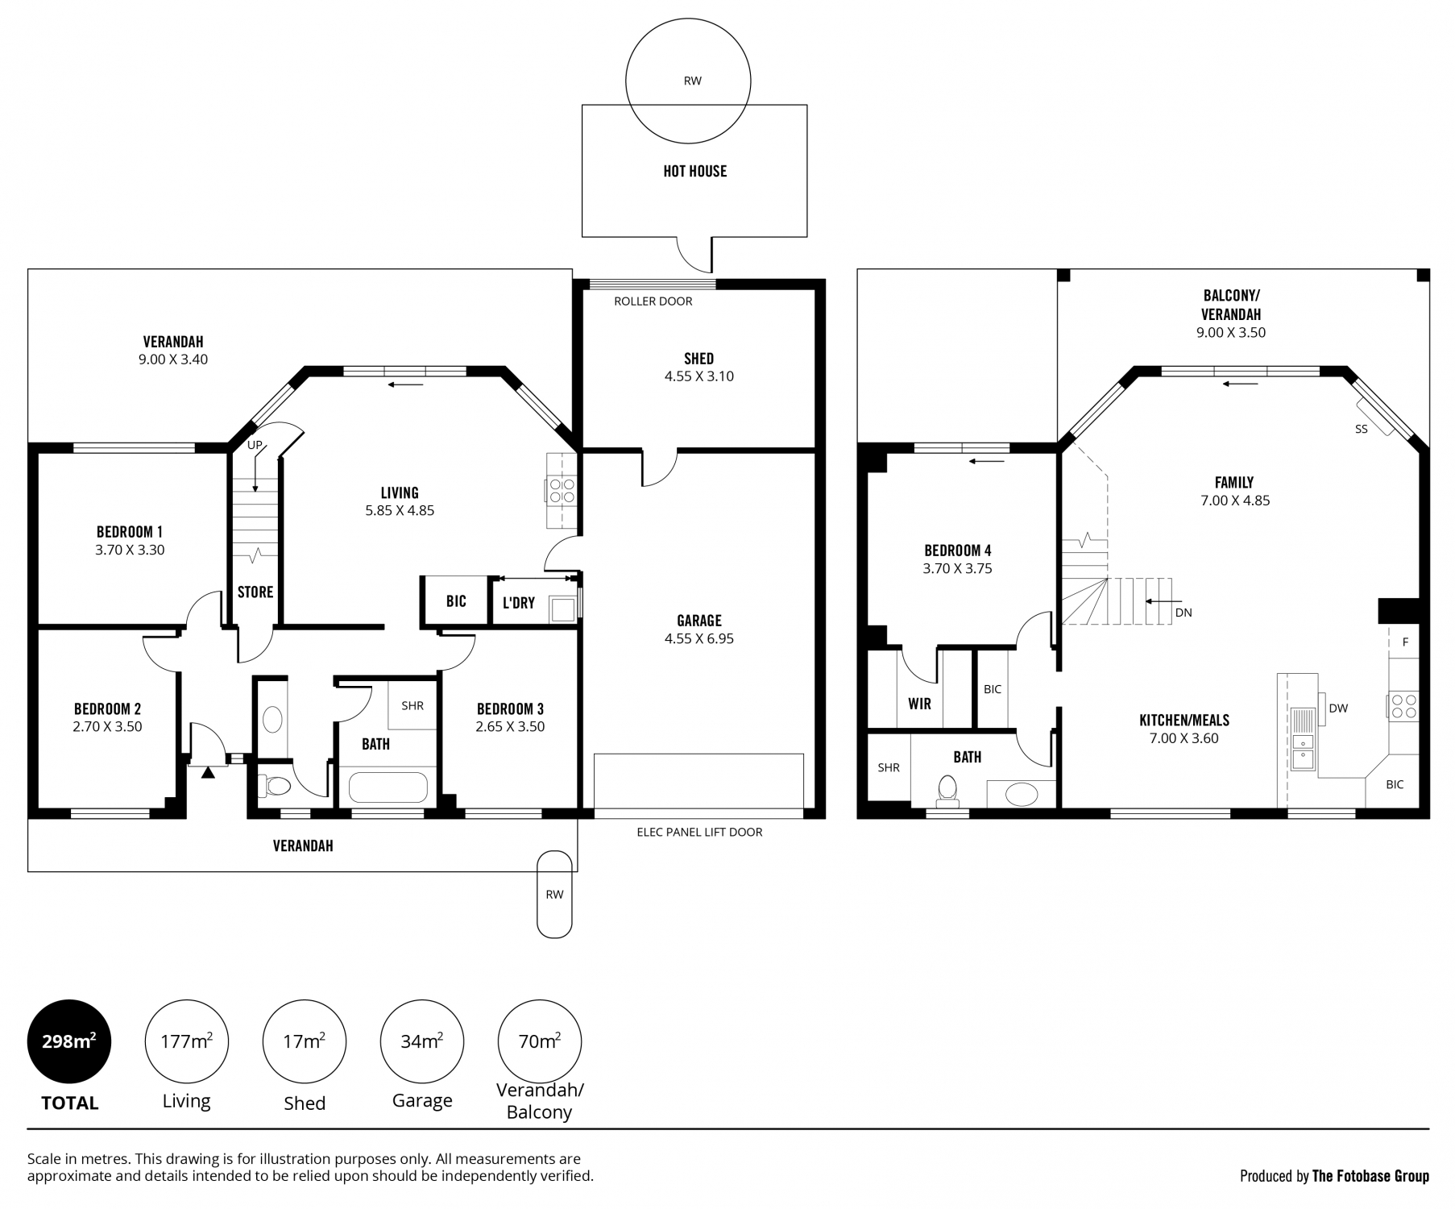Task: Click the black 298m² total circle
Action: (69, 1041)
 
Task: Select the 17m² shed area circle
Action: (305, 1041)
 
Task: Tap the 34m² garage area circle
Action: (422, 1041)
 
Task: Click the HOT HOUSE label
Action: (695, 171)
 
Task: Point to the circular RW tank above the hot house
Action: (689, 81)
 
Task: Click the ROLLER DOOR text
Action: (653, 301)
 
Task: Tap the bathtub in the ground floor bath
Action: (388, 787)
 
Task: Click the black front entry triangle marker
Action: (209, 772)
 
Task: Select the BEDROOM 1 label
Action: (130, 532)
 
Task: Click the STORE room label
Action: (255, 592)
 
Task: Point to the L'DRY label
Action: (519, 603)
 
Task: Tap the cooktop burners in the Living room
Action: (561, 490)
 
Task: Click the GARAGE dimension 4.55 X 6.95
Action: (699, 638)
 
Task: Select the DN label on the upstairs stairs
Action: (1183, 613)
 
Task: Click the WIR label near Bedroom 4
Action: (920, 704)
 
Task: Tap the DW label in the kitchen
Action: (1338, 708)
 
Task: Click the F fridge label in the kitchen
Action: (1405, 642)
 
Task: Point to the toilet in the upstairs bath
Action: (948, 791)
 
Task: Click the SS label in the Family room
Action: (1362, 430)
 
